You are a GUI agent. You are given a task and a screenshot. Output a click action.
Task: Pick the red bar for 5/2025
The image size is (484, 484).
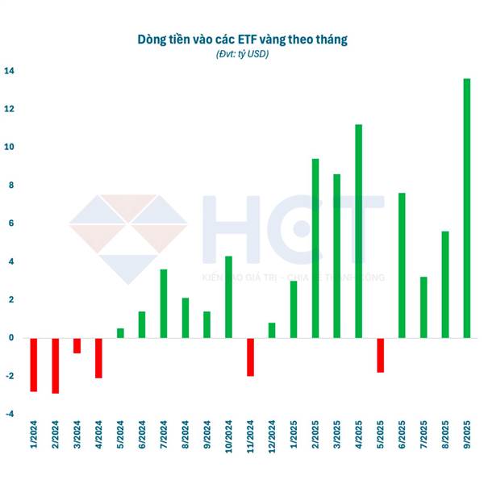[380, 355]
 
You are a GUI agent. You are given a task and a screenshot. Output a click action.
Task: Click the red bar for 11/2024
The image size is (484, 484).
[250, 357]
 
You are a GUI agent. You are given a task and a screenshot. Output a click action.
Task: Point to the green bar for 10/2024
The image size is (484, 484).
[228, 297]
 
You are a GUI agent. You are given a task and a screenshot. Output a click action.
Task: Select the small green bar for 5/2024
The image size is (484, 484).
[120, 333]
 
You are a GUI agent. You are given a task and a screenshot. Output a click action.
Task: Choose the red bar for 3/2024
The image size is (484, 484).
[77, 345]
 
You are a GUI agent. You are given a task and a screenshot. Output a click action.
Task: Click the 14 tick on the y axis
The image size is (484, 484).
[9, 71]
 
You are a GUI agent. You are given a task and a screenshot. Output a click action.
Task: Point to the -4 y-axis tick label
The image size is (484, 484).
[9, 415]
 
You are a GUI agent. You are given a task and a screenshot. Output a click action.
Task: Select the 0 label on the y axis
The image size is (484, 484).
[11, 338]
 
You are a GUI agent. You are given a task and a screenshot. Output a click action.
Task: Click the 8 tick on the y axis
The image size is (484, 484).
[11, 186]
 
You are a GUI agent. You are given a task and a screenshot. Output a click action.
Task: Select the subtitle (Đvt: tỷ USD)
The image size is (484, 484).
[242, 54]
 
